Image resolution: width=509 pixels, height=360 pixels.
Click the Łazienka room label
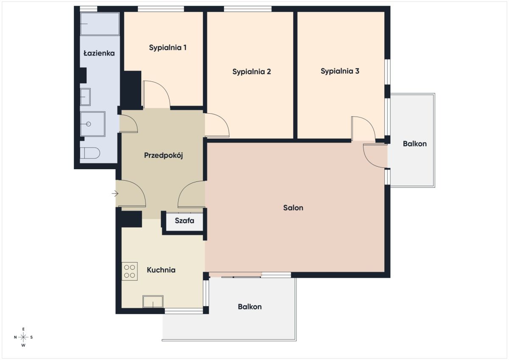coord(99,53)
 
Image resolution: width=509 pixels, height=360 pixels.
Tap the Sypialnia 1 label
coord(168,47)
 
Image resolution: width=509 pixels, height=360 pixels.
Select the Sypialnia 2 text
coord(252,72)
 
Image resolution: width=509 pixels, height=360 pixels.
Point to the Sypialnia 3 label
coord(340,71)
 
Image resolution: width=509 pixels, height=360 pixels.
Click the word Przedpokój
coord(163,156)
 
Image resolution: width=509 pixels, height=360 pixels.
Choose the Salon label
coord(293,208)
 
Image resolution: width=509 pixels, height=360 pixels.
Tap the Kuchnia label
coord(161,270)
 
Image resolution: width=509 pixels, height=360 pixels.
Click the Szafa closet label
coord(185,221)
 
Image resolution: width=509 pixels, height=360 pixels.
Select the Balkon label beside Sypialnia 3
coord(415,144)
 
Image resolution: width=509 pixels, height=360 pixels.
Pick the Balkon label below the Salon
coord(250,307)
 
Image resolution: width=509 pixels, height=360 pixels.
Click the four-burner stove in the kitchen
coord(129,271)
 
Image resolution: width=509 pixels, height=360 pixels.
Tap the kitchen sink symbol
coord(153,301)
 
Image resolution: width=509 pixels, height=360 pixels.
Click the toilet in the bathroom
coord(90,153)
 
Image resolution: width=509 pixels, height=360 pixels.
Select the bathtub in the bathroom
coord(100,24)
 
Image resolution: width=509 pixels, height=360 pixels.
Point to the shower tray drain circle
coord(89,124)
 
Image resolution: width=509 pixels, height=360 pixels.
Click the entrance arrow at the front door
coord(115,194)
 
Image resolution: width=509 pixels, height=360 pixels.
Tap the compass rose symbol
coord(23,337)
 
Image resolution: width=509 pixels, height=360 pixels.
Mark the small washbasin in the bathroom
coord(85,97)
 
